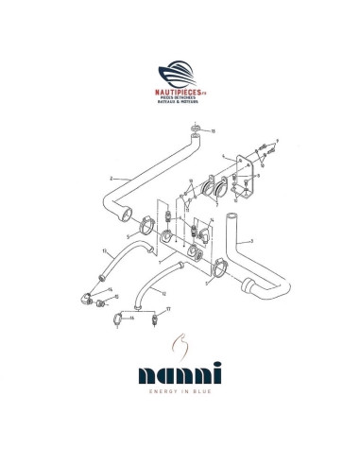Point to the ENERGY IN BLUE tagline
click(x=180, y=408)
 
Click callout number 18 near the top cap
click(x=213, y=130)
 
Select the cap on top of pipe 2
click(x=196, y=129)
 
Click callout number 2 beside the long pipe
click(x=111, y=177)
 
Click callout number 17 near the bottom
click(x=167, y=309)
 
